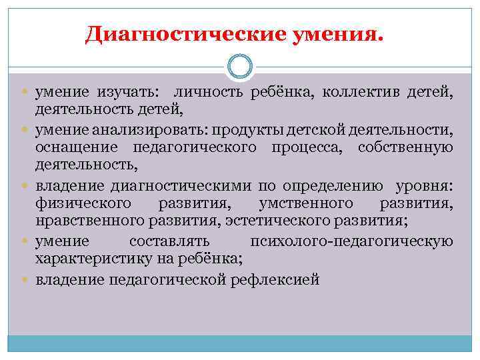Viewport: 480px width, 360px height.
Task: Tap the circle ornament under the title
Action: [239, 67]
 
